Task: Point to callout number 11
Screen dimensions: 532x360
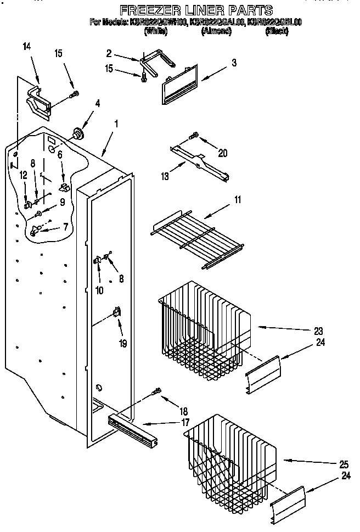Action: [x=237, y=200]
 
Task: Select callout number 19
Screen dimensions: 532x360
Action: [x=123, y=344]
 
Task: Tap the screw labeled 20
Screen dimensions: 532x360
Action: [x=193, y=135]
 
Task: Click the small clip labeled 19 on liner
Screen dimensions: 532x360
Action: [x=116, y=312]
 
